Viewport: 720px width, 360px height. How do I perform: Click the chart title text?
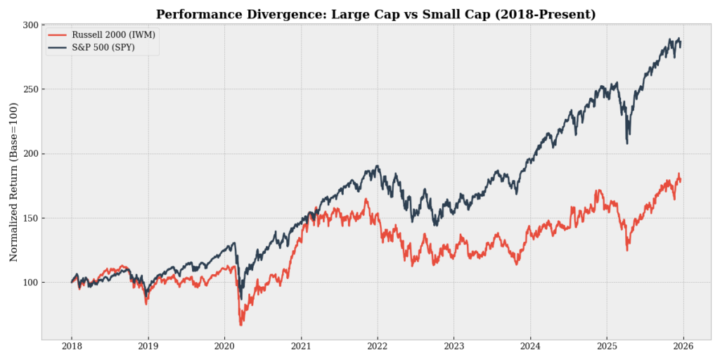(x=375, y=14)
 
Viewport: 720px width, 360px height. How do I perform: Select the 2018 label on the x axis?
(x=71, y=347)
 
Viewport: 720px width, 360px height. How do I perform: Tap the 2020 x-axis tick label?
(x=224, y=347)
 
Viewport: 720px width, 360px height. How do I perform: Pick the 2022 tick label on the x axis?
(x=378, y=347)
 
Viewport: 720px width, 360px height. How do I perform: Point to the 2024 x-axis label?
(x=531, y=347)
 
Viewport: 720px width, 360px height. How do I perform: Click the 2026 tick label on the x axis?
(x=684, y=347)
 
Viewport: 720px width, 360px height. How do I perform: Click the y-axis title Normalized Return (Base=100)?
(x=13, y=181)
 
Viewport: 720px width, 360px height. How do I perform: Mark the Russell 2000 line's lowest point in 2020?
(x=240, y=325)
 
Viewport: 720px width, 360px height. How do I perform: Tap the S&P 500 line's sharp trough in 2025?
(x=626, y=143)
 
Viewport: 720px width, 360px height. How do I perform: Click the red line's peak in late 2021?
(x=366, y=199)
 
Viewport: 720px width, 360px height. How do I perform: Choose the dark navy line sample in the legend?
(x=58, y=47)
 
